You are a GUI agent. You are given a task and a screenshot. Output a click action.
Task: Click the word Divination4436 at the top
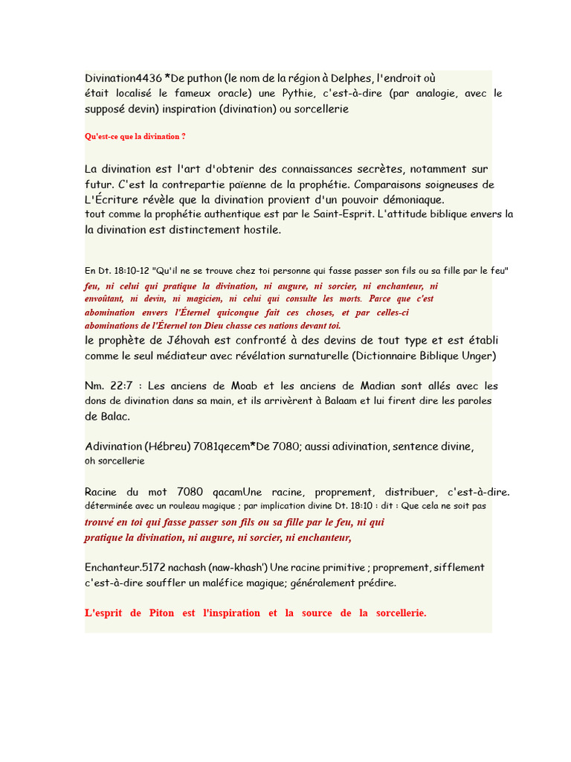(121, 78)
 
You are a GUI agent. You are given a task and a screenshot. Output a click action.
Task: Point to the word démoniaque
(412, 199)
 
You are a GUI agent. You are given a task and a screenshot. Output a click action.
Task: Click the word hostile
(256, 230)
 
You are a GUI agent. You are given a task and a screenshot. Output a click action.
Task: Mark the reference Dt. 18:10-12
(122, 271)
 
